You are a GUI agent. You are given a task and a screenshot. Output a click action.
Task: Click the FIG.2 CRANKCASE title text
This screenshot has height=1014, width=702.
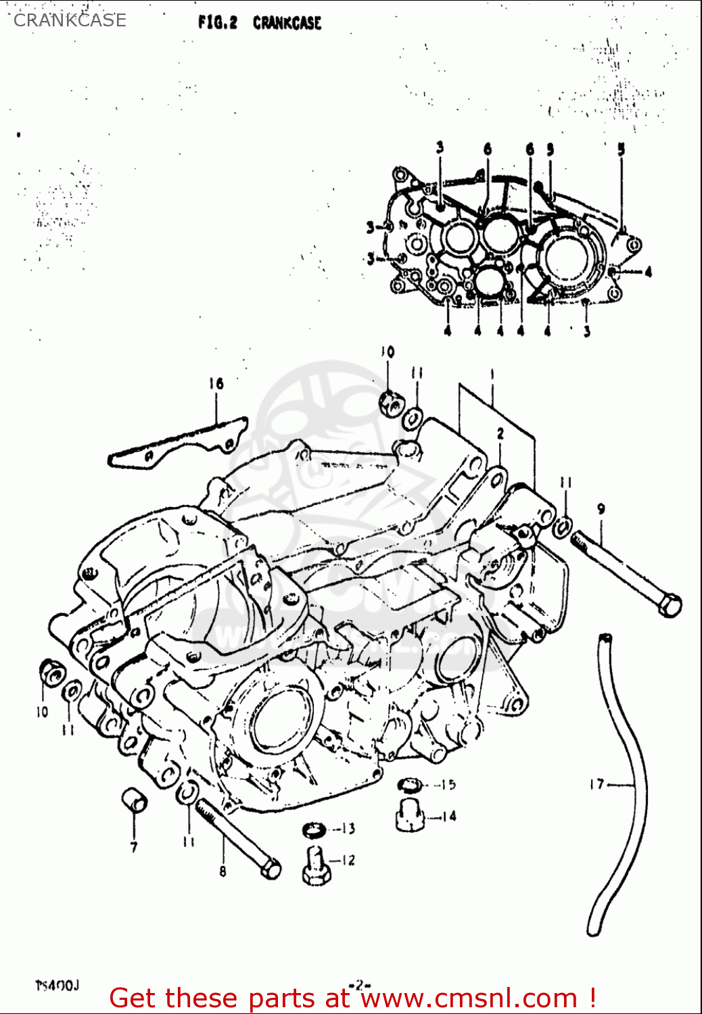260,22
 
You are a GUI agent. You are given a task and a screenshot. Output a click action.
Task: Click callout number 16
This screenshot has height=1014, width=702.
216,384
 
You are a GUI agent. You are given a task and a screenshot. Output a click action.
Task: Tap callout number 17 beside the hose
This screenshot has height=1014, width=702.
596,784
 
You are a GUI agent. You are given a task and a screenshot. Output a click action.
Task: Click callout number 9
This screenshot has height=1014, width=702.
601,509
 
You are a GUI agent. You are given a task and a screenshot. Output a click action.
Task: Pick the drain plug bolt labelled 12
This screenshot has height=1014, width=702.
315,866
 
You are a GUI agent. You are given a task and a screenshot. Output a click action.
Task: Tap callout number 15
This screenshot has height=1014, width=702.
448,785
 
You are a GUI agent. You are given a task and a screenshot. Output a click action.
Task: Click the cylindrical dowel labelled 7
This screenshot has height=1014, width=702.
135,800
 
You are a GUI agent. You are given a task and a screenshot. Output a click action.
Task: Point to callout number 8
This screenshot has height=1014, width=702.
223,872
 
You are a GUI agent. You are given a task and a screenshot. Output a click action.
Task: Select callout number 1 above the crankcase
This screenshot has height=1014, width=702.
492,373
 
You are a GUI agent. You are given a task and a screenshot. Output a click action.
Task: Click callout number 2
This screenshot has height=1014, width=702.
500,434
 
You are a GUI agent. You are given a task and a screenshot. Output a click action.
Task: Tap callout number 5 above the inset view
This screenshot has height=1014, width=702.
621,149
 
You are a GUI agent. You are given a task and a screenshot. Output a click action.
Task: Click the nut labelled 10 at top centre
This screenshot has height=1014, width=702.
390,404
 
